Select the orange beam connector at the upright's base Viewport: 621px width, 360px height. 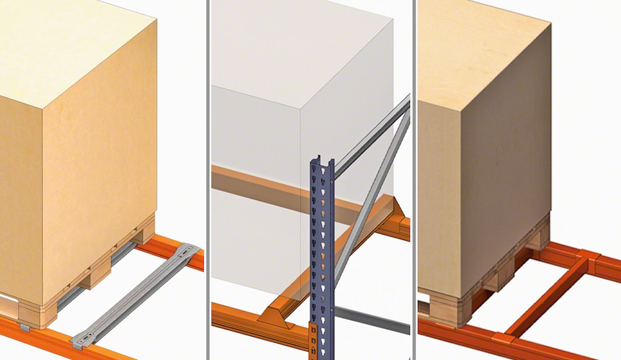[314, 339]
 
